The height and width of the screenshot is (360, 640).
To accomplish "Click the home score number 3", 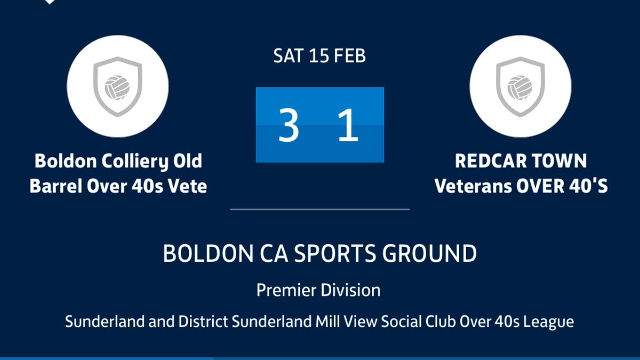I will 289,126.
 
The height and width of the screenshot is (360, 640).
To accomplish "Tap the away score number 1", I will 348,126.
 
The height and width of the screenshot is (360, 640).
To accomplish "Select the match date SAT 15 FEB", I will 319,56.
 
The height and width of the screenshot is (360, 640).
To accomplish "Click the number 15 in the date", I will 319,56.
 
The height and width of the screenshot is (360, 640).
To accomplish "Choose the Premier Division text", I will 318,291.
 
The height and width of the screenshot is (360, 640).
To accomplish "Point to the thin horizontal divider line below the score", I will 319,210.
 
